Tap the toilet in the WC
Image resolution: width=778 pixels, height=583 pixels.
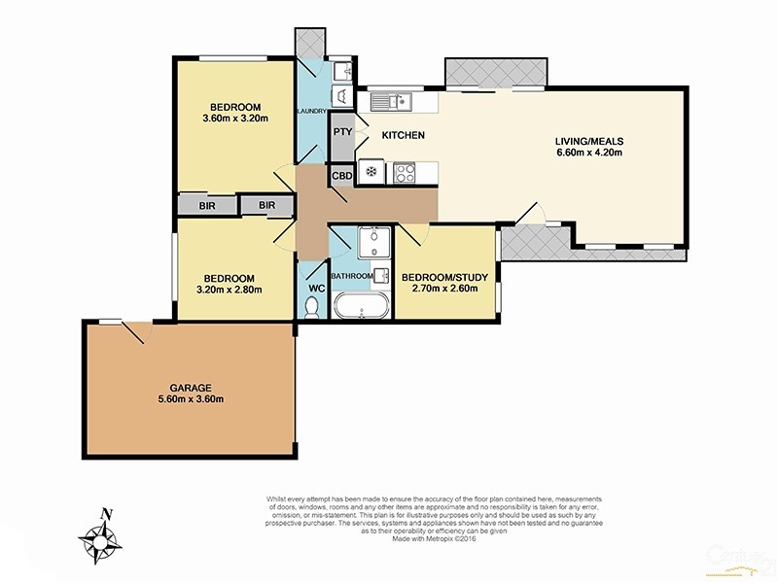tap(311, 307)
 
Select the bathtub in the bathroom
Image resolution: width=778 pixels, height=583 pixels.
tap(363, 309)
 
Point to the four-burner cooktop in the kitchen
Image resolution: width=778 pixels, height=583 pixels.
tap(404, 173)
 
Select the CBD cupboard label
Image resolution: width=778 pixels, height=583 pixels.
tap(341, 176)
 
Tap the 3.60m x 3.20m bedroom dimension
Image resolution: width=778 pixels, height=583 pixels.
tap(234, 119)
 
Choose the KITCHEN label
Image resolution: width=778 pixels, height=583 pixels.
tap(403, 135)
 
